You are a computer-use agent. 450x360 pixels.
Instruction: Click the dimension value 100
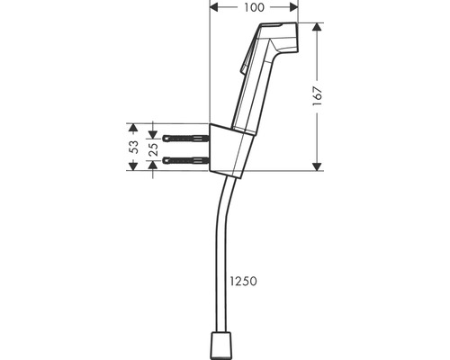pyautogui.click(x=254, y=7)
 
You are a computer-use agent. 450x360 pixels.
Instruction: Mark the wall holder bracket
pyautogui.click(x=229, y=148)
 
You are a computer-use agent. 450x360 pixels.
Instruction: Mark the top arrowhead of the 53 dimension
pyautogui.click(x=133, y=126)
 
